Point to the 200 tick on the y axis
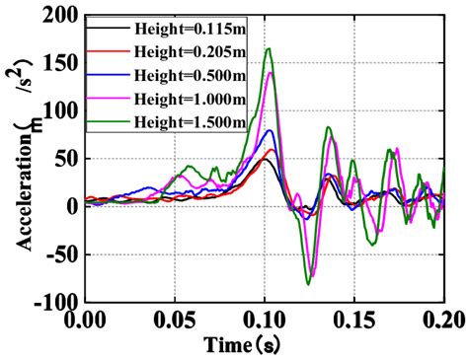[x=61, y=17]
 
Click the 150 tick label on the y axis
[x=61, y=64]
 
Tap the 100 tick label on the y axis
[x=61, y=111]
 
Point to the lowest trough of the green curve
[x=309, y=284]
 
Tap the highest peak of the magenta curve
[x=270, y=73]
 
